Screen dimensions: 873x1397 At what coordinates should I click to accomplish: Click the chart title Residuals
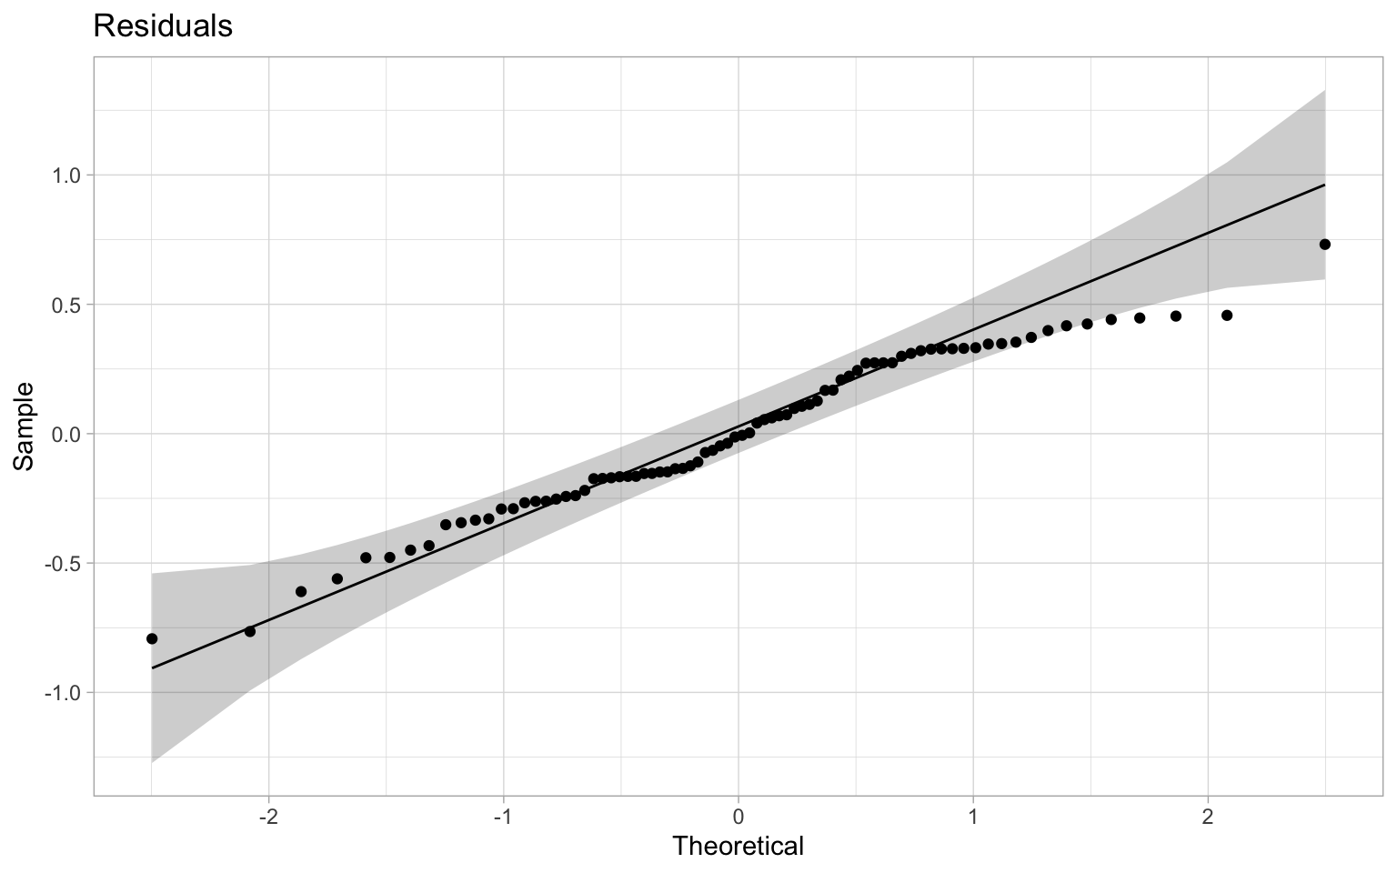[162, 26]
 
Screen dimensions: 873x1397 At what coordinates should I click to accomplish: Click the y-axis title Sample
[25, 426]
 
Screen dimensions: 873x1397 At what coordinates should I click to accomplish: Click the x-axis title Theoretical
[738, 846]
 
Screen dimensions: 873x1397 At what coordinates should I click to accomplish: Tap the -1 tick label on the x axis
[502, 817]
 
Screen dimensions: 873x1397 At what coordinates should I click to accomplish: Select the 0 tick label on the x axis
[738, 817]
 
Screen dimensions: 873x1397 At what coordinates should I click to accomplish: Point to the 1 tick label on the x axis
[972, 817]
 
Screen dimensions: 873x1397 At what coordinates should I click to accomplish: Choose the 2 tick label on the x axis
[1207, 817]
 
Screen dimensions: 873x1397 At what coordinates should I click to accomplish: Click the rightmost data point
[1324, 244]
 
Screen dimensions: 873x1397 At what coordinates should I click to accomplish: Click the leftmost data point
[152, 638]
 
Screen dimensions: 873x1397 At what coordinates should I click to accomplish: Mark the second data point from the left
[250, 631]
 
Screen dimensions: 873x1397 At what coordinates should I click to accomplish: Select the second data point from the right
[1226, 316]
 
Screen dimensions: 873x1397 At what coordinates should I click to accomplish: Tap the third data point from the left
[301, 591]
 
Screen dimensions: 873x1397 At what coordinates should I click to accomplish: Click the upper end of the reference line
[1324, 185]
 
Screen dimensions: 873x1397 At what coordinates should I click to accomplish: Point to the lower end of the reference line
[152, 668]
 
